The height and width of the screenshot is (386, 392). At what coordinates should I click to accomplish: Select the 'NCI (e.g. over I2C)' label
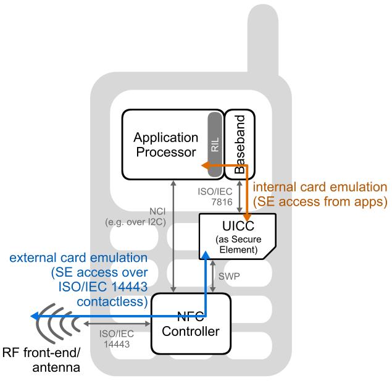pyautogui.click(x=143, y=217)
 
